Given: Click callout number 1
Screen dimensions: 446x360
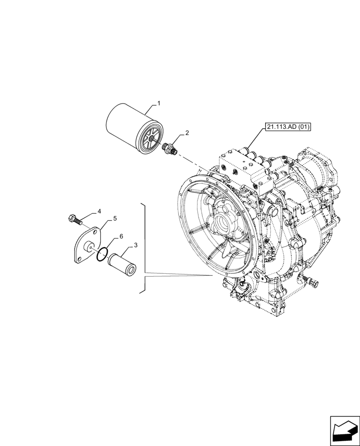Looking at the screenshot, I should (158, 103).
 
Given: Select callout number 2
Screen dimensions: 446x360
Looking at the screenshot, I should (187, 132).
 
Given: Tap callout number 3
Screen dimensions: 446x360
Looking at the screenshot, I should (135, 245).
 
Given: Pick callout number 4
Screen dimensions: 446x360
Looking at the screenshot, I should (99, 211).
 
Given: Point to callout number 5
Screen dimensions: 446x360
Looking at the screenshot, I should (115, 219).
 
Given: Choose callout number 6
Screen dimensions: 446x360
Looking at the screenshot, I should (121, 236).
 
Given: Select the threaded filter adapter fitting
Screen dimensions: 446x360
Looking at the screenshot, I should (171, 148).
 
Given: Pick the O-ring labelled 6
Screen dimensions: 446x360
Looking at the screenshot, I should (101, 255).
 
